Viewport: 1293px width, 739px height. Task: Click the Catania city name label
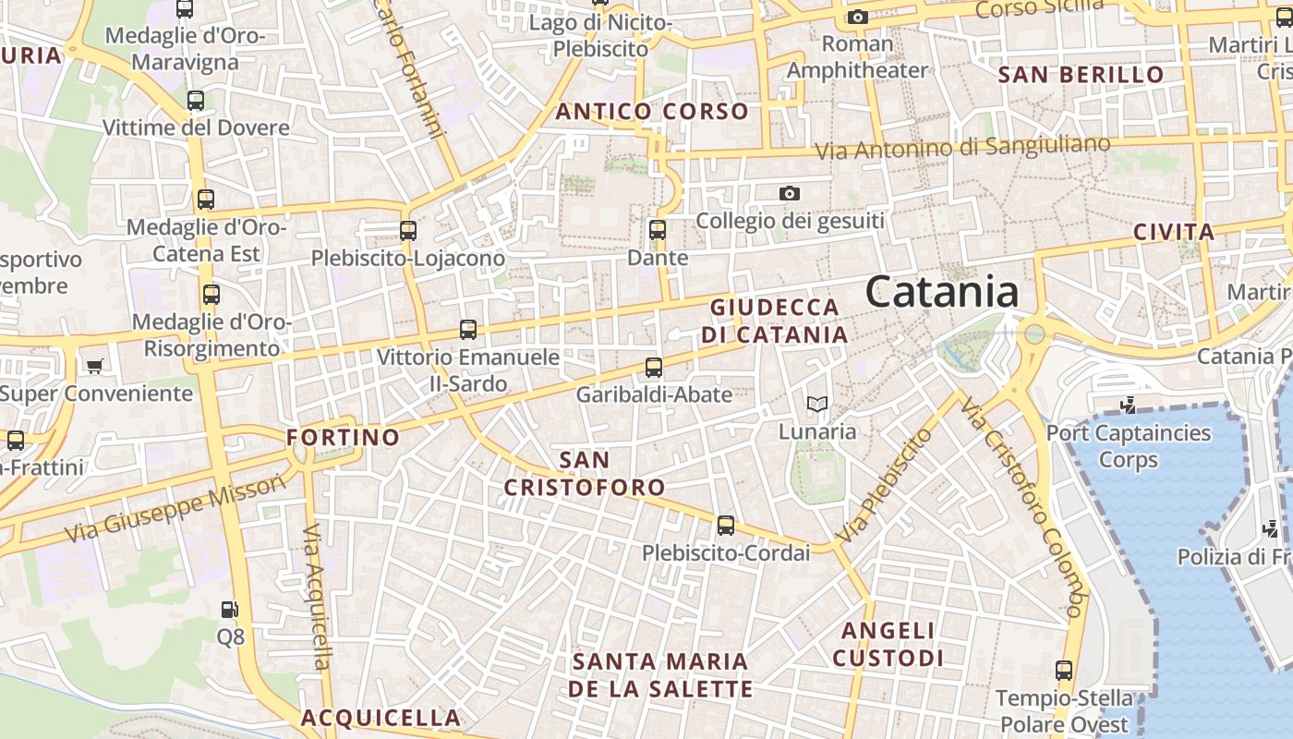click(942, 292)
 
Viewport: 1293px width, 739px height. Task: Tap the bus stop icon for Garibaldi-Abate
click(654, 368)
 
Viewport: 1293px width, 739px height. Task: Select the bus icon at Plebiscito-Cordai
click(726, 526)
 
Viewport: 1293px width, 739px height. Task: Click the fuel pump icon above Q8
click(230, 610)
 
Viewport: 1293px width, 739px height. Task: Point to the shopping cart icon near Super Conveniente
click(94, 367)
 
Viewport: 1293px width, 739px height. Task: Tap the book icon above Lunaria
click(816, 405)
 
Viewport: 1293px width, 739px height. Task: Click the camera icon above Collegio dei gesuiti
click(789, 193)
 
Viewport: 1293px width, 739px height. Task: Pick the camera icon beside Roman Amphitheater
click(857, 17)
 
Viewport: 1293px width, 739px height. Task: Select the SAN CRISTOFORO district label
click(585, 473)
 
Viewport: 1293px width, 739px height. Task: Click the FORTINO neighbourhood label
click(343, 437)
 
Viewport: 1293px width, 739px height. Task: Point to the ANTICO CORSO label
click(652, 112)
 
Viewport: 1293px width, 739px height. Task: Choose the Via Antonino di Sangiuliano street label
click(962, 147)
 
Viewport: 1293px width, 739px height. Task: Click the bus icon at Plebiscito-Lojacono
click(408, 231)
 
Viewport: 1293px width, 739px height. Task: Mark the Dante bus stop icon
click(658, 230)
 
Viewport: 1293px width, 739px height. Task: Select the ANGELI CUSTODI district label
click(888, 644)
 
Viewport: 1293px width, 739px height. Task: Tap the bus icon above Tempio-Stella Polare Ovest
click(1064, 671)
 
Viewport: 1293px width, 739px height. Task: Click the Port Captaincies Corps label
click(1128, 445)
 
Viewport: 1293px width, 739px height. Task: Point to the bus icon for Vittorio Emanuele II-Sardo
click(468, 330)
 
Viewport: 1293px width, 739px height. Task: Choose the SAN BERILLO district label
click(1082, 75)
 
